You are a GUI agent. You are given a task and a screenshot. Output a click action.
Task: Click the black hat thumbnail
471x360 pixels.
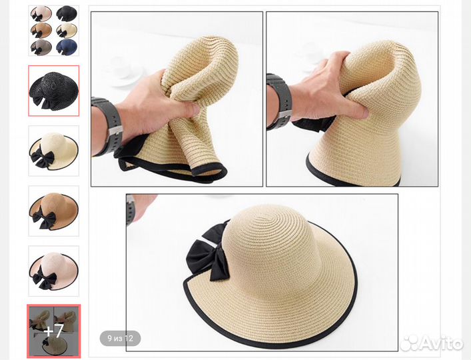pyautogui.click(x=54, y=91)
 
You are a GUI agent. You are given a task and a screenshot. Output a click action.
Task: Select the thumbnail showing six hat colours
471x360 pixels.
pyautogui.click(x=54, y=31)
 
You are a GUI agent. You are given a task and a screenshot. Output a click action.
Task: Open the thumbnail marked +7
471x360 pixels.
pyautogui.click(x=54, y=331)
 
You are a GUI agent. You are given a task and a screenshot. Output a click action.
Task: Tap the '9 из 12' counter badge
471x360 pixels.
pyautogui.click(x=120, y=339)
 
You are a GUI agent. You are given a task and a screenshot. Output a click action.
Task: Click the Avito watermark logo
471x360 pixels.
pyautogui.click(x=431, y=343)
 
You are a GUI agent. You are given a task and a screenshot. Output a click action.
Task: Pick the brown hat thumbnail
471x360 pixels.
pyautogui.click(x=54, y=211)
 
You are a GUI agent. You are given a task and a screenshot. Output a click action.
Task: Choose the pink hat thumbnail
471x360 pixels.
pyautogui.click(x=54, y=271)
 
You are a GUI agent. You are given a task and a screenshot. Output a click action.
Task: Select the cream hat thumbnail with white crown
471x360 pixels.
pyautogui.click(x=54, y=151)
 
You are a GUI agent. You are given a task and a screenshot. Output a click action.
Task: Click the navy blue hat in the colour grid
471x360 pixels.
pyautogui.click(x=67, y=47)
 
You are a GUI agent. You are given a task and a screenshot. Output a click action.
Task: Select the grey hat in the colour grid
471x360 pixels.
pyautogui.click(x=41, y=47)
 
